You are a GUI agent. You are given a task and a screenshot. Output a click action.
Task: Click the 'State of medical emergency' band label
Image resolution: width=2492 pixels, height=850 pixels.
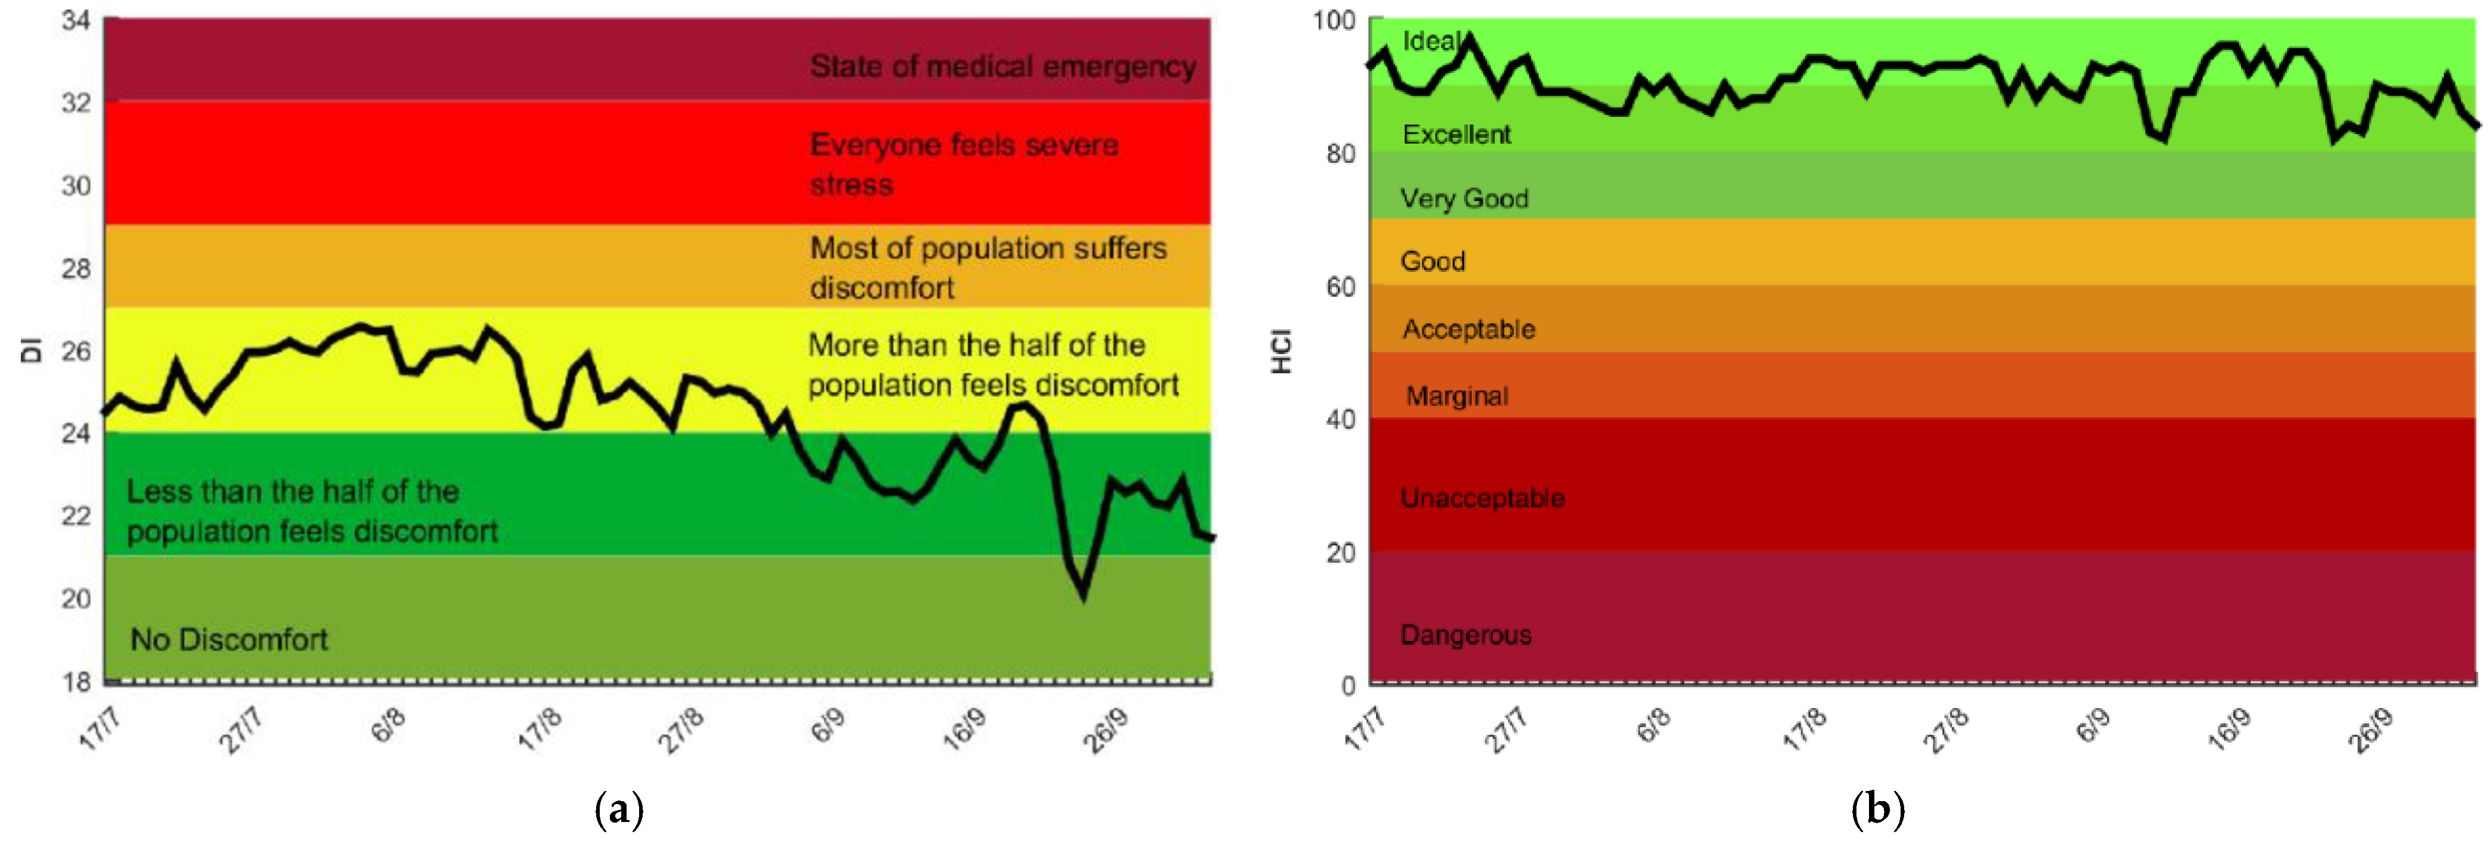pos(1002,67)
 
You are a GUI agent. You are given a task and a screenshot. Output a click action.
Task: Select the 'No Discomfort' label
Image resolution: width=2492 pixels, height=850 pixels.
pos(230,639)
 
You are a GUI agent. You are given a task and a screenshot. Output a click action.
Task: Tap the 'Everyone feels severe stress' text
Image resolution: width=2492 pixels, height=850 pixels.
pos(963,165)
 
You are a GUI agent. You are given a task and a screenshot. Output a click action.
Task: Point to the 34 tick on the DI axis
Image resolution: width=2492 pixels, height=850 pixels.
pos(76,20)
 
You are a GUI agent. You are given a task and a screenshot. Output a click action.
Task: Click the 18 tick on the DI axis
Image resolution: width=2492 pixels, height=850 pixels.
pos(76,682)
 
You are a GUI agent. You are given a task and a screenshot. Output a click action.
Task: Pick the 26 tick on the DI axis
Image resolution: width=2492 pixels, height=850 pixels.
pos(76,351)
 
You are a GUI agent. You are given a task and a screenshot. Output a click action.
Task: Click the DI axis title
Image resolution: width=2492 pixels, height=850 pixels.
pos(31,350)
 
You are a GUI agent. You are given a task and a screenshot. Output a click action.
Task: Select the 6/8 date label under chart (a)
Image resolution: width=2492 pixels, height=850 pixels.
pos(388,725)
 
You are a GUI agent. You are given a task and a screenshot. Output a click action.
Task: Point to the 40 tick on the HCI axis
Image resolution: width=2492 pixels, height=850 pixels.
pos(1340,420)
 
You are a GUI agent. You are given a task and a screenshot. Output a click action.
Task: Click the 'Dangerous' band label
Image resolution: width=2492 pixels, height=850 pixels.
pos(1465,635)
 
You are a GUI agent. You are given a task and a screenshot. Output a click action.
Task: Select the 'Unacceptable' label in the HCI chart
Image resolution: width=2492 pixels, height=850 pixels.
pos(1482,498)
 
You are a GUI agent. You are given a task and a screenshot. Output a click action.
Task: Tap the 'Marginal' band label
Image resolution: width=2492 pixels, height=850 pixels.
pos(1457,396)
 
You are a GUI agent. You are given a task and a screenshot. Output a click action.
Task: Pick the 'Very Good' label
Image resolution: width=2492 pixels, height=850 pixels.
pos(1465,199)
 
